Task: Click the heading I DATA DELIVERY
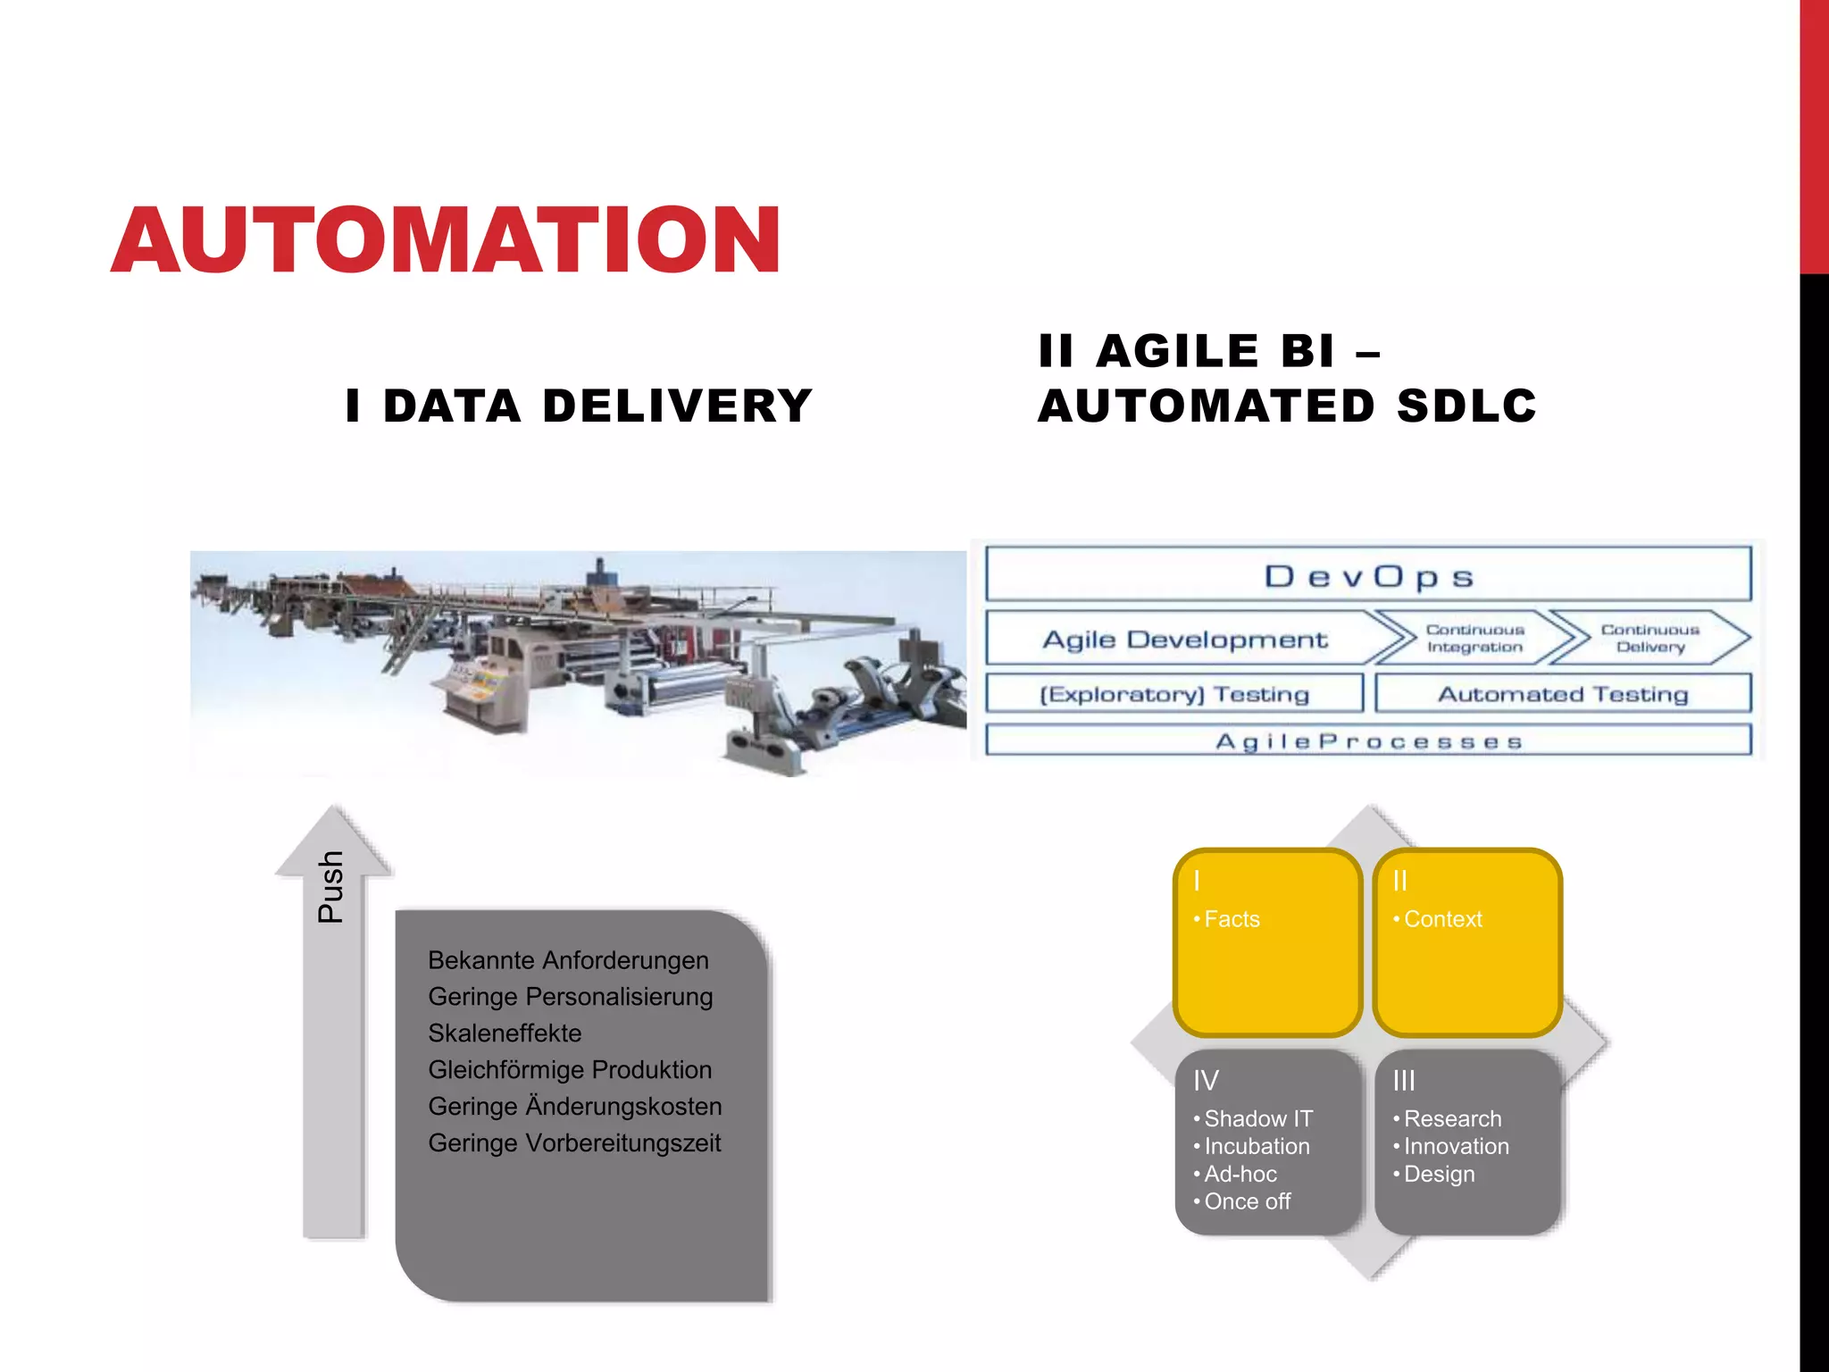point(579,406)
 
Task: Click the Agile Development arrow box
point(1184,640)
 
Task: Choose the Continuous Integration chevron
point(1474,639)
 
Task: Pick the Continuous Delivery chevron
point(1649,639)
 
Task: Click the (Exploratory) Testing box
point(1173,694)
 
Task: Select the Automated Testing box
point(1563,694)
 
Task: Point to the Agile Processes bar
point(1367,741)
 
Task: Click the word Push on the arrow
point(331,886)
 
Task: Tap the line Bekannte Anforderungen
point(568,960)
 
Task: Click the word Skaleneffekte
point(505,1033)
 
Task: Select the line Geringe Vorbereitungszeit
point(574,1143)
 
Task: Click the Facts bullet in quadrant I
point(1232,919)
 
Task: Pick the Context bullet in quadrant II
point(1442,919)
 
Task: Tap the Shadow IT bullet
point(1257,1118)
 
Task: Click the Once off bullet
point(1247,1201)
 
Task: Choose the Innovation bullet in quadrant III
point(1456,1146)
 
